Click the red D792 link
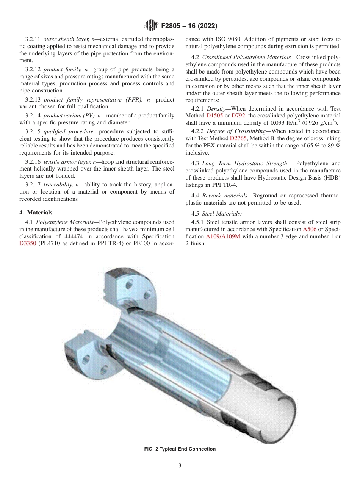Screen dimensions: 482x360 coord(238,116)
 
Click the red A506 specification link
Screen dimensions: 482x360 coord(310,229)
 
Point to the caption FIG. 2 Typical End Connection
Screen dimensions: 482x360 coord(180,449)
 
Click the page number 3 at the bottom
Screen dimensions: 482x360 coord(180,466)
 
